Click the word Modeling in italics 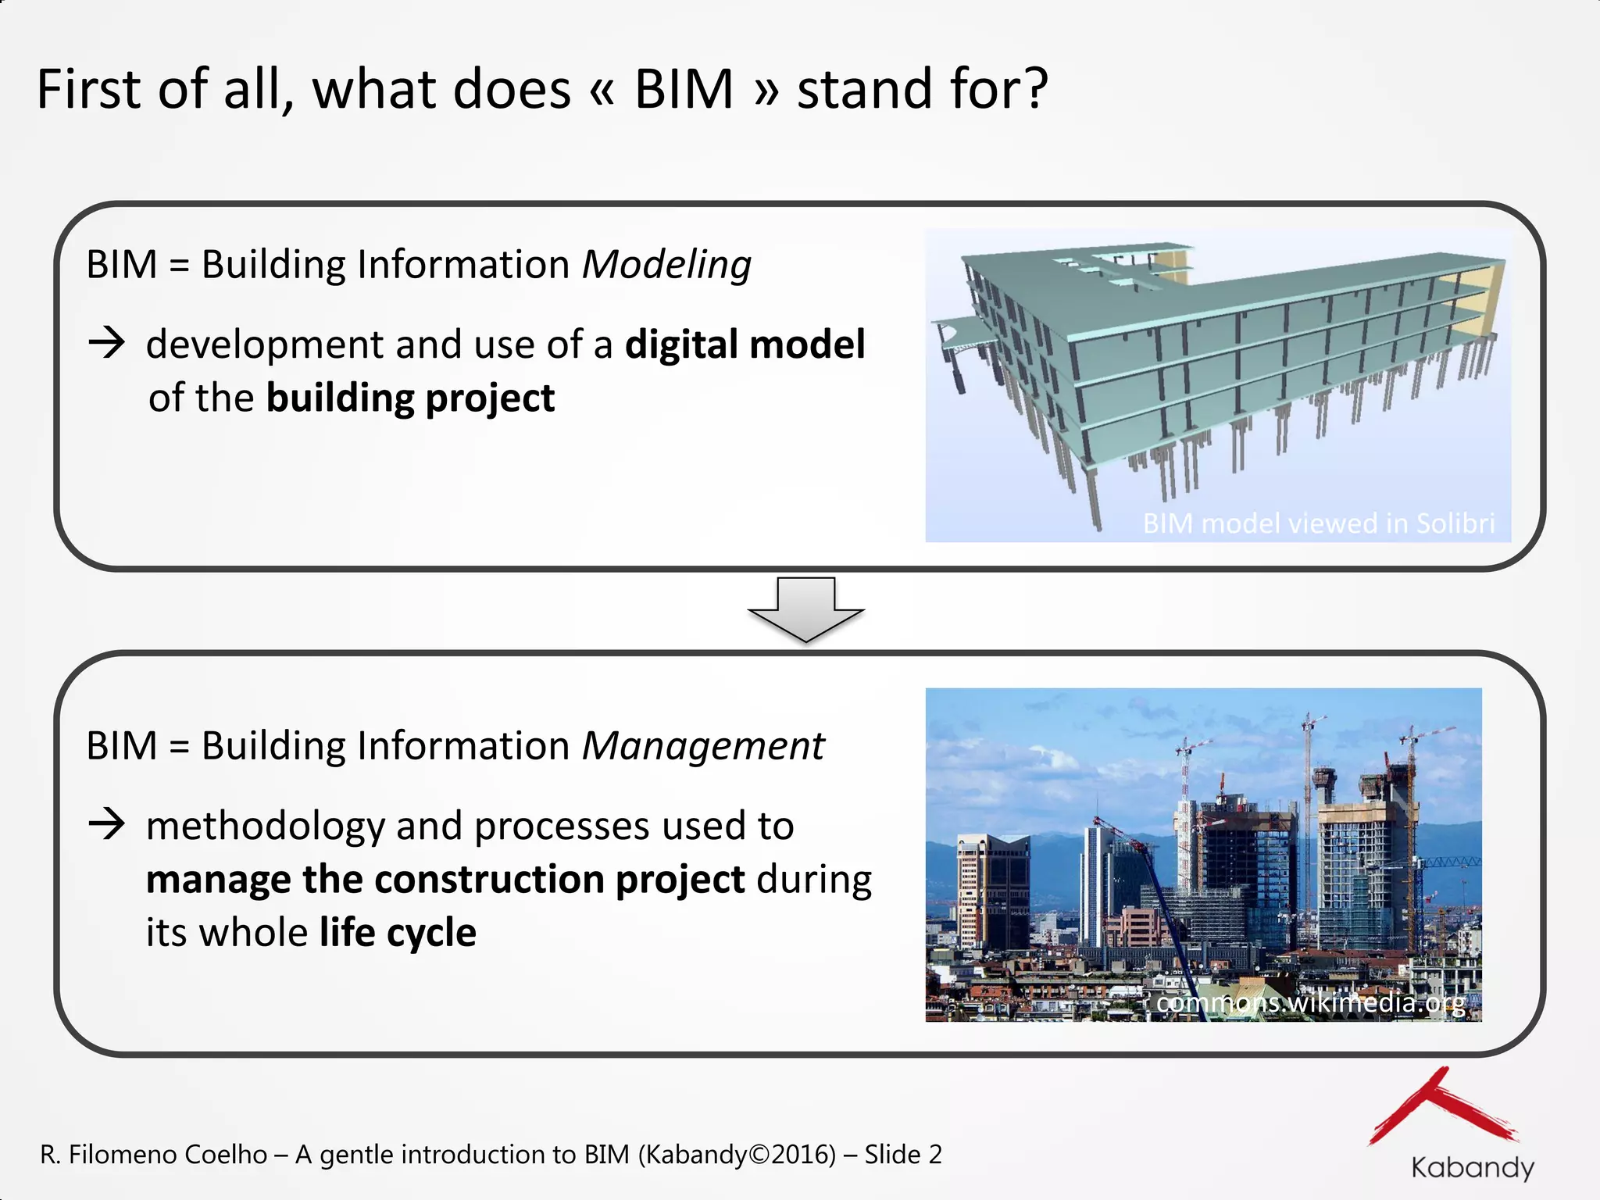click(666, 265)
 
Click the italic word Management click(703, 746)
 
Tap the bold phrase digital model click(745, 345)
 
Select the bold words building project click(410, 398)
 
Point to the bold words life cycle click(397, 933)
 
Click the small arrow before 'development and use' click(107, 343)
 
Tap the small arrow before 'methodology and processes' click(107, 824)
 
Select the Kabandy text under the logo click(1472, 1168)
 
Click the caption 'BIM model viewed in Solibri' click(1318, 523)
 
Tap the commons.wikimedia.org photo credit click(1310, 1002)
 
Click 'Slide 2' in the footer click(903, 1155)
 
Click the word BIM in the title click(684, 89)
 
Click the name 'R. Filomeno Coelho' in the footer click(154, 1155)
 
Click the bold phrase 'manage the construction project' click(445, 880)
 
